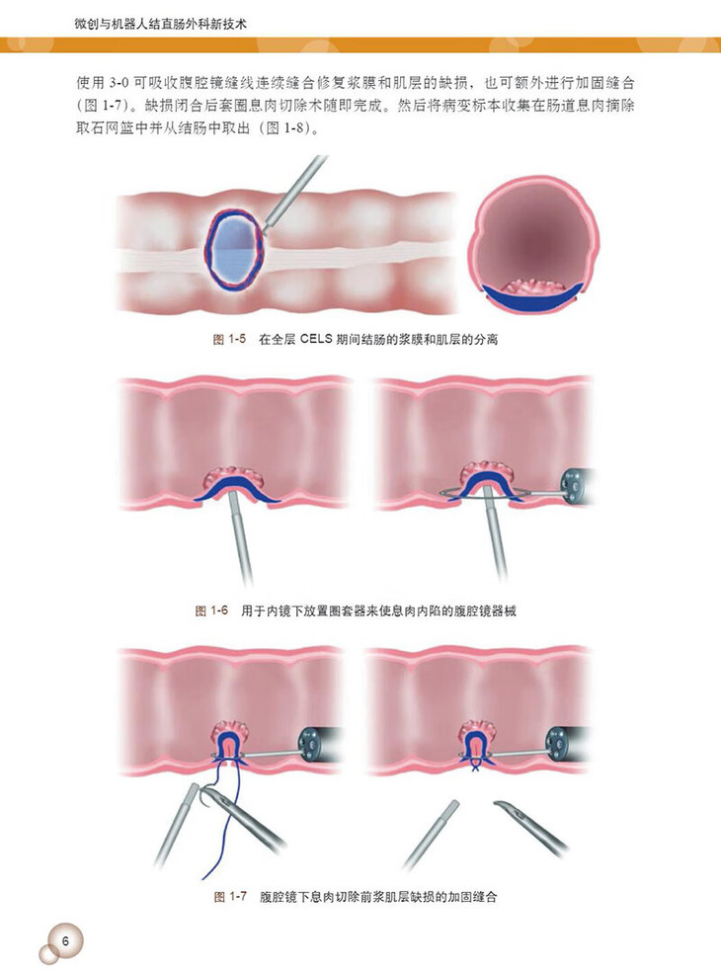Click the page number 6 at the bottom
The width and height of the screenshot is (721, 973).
tap(64, 939)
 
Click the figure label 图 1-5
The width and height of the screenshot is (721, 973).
tap(229, 340)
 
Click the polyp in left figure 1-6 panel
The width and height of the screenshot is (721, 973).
tap(230, 475)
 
